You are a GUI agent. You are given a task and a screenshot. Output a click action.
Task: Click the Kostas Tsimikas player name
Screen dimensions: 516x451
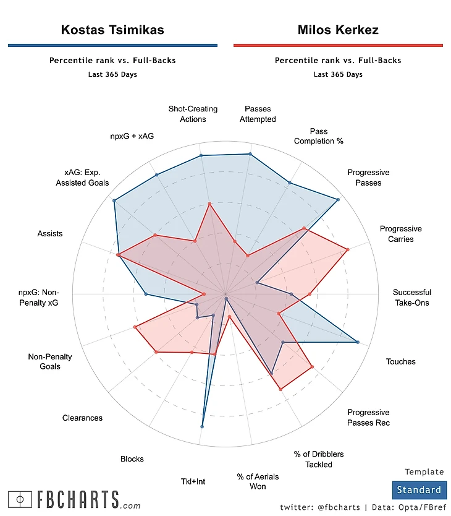[x=112, y=30]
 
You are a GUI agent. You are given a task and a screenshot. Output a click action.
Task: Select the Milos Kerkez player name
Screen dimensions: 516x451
[x=338, y=30]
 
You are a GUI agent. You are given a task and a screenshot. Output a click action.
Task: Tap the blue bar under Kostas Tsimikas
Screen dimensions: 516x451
[x=112, y=45]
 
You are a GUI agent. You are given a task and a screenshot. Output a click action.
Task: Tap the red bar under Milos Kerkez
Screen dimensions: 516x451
[x=338, y=45]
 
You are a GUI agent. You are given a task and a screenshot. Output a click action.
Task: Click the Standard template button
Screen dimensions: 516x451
[x=418, y=490]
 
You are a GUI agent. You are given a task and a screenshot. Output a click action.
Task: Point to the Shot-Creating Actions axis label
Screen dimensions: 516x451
[x=193, y=114]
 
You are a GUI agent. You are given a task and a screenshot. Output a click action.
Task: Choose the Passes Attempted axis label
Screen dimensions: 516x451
[x=258, y=114]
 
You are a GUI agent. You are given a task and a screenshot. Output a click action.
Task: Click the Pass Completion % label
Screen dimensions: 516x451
[x=318, y=136]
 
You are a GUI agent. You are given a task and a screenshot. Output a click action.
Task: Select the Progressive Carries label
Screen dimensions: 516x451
[x=400, y=234]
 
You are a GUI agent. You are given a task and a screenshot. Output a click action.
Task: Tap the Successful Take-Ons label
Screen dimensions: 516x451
[x=412, y=298]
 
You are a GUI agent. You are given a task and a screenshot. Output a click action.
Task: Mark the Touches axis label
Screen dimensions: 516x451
[x=400, y=362]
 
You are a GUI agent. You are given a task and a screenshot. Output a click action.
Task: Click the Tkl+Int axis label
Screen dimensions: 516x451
[x=193, y=482]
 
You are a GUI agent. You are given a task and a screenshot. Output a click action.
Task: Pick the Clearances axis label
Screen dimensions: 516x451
[x=82, y=418]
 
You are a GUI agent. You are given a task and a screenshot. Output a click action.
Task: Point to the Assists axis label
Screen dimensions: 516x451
[x=50, y=234]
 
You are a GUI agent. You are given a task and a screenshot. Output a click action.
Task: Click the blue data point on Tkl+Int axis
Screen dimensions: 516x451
[x=203, y=426]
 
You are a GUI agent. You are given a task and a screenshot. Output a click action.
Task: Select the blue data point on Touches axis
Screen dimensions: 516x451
[x=358, y=342]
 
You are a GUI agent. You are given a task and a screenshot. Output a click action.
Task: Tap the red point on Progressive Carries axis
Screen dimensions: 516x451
[x=348, y=250]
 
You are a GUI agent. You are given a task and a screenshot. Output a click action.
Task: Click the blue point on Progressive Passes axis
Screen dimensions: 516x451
[x=337, y=199]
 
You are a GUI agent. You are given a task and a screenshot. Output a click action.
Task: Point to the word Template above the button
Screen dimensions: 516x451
[x=424, y=472]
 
